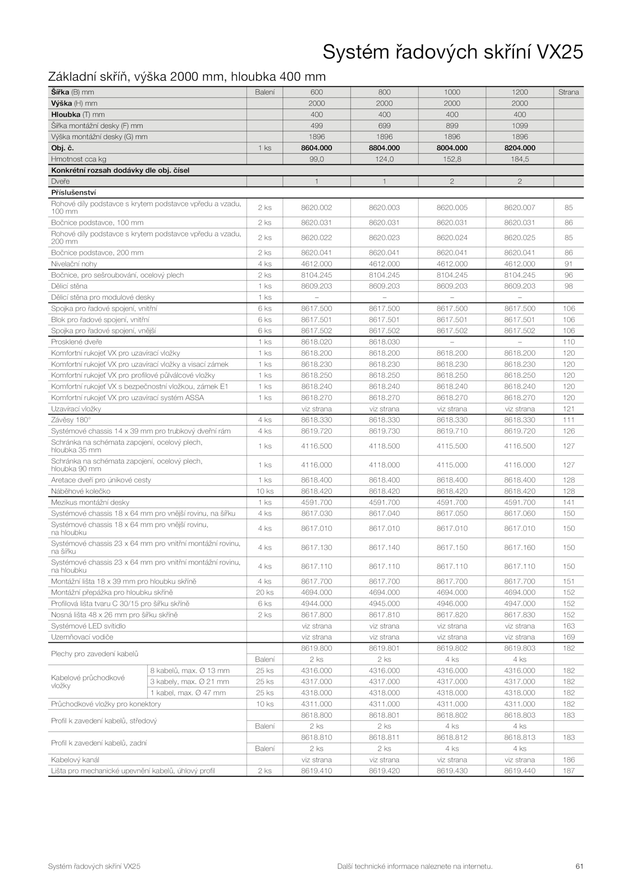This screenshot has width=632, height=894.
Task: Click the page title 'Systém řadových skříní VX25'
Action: pyautogui.click(x=453, y=52)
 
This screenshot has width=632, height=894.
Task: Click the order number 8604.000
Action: pyautogui.click(x=316, y=148)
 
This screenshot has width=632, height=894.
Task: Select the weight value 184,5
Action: pyautogui.click(x=519, y=159)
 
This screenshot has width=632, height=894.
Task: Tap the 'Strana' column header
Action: pyautogui.click(x=568, y=92)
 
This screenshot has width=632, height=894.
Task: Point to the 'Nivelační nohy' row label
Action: pyautogui.click(x=74, y=263)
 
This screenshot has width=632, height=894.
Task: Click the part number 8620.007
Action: pyautogui.click(x=519, y=207)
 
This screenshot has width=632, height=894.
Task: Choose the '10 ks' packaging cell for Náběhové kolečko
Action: pyautogui.click(x=265, y=491)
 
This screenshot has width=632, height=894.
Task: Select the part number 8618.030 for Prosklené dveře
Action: pyautogui.click(x=384, y=342)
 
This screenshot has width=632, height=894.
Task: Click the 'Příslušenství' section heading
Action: pyautogui.click(x=73, y=192)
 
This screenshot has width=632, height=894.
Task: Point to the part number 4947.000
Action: pyautogui.click(x=519, y=603)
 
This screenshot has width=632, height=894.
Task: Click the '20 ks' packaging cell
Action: pyautogui.click(x=265, y=592)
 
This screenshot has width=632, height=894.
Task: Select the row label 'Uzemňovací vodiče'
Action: pyautogui.click(x=82, y=637)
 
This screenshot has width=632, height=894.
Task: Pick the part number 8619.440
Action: pyautogui.click(x=519, y=770)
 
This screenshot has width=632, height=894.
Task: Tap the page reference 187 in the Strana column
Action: pyautogui.click(x=568, y=770)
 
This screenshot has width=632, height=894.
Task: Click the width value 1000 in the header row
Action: pyautogui.click(x=452, y=92)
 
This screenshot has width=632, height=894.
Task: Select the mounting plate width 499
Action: pyautogui.click(x=316, y=126)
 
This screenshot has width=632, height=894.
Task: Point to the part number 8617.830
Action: pyautogui.click(x=519, y=615)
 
